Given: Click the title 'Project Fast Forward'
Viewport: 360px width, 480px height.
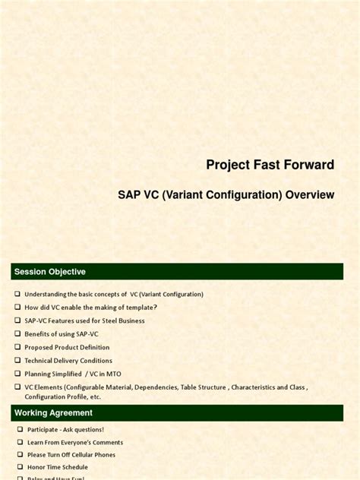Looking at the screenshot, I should (x=270, y=165).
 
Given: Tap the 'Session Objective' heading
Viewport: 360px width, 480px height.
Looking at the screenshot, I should (x=50, y=272).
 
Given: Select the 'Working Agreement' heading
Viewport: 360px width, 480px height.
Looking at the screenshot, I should (x=53, y=413).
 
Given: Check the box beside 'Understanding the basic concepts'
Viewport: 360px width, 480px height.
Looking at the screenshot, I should (x=17, y=294).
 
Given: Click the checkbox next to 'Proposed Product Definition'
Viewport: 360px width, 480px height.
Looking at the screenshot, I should (x=17, y=347).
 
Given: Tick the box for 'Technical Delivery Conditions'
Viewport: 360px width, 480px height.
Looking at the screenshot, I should (x=17, y=361).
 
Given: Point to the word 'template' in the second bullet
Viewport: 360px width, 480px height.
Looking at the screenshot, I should (x=137, y=308).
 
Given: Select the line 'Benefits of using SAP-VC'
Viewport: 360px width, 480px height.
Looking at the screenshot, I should (x=62, y=334).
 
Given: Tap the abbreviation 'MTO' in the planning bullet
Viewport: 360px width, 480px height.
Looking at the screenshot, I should (x=112, y=374).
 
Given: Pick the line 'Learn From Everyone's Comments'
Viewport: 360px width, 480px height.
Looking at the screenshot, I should (x=75, y=442).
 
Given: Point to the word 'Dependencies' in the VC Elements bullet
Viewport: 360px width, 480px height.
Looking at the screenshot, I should (x=156, y=387).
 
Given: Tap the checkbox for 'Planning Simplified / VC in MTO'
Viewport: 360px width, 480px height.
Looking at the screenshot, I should (x=17, y=374).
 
